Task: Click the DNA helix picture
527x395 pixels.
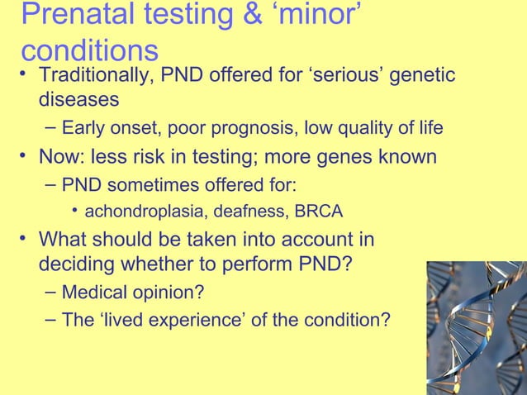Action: click(x=477, y=327)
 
